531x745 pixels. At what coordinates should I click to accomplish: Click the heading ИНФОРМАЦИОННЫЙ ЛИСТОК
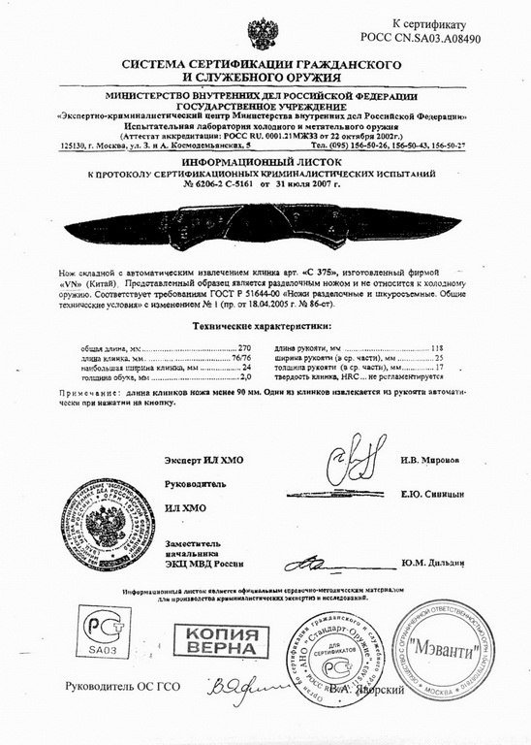pyautogui.click(x=266, y=162)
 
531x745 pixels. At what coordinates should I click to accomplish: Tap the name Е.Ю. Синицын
pyautogui.click(x=427, y=494)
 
